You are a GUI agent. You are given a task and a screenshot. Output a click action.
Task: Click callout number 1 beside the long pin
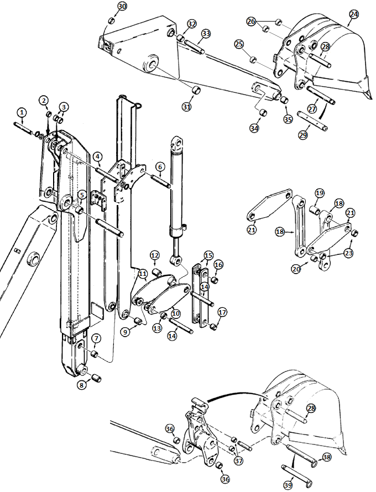click(x=22, y=112)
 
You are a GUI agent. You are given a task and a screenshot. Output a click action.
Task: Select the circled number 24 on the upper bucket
click(x=354, y=14)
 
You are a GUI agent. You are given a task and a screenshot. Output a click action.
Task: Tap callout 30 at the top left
click(x=122, y=6)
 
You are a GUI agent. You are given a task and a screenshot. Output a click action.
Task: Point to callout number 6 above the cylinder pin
click(x=160, y=166)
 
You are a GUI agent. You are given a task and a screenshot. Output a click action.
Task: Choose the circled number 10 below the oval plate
click(x=176, y=313)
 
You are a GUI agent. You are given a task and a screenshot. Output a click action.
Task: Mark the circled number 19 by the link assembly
click(x=320, y=193)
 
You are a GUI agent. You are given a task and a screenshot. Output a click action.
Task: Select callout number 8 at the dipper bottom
click(x=82, y=385)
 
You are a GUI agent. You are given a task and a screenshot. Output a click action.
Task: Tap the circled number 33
click(x=206, y=33)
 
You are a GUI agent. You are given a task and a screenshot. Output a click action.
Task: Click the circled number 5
click(x=82, y=195)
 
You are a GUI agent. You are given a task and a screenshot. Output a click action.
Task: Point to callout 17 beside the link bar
click(x=222, y=312)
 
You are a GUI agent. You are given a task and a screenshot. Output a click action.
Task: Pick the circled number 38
click(x=326, y=457)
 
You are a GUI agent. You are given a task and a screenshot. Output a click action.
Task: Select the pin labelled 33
click(x=195, y=47)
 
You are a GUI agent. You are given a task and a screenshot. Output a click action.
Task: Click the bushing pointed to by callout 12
click(x=156, y=272)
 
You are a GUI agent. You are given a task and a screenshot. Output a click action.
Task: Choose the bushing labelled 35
click(x=284, y=101)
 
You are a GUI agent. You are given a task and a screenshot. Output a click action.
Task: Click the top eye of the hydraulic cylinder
click(x=177, y=143)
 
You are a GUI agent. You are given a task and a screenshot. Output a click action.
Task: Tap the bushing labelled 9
click(x=137, y=321)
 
